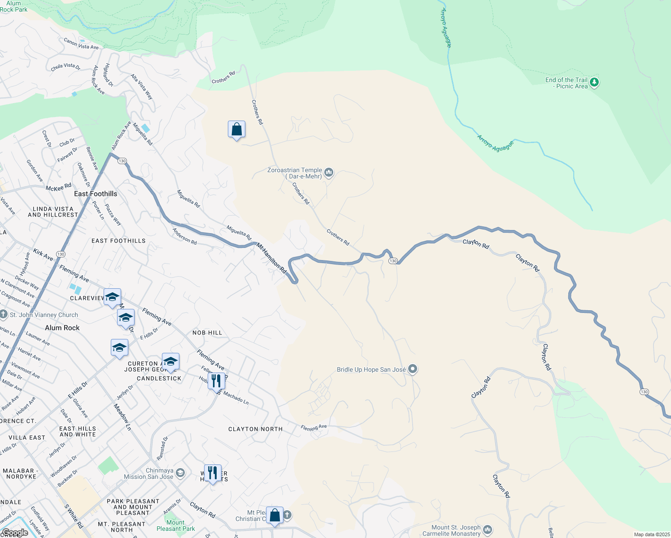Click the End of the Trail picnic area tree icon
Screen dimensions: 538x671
(594, 82)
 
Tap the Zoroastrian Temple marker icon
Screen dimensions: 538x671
(329, 173)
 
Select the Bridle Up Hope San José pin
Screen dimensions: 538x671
(413, 369)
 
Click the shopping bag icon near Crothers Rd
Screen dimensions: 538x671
(236, 130)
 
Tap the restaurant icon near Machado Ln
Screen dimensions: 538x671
(217, 381)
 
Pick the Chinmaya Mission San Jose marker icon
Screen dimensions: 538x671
(180, 473)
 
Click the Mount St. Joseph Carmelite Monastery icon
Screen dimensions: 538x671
(488, 530)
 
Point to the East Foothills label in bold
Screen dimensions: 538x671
(96, 194)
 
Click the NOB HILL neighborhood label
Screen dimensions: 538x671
(207, 333)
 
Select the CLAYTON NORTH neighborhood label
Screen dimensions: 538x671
(256, 429)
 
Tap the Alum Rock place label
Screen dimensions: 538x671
(62, 328)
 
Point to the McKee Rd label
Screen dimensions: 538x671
(58, 187)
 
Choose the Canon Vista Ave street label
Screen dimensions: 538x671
(81, 43)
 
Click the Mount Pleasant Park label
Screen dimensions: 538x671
(175, 525)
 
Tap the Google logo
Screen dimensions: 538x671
(15, 533)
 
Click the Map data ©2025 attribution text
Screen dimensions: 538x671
(652, 534)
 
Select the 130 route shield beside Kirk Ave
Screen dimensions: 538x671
(61, 254)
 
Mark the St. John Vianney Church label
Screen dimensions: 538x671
(44, 315)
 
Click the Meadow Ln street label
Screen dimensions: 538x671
(122, 417)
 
